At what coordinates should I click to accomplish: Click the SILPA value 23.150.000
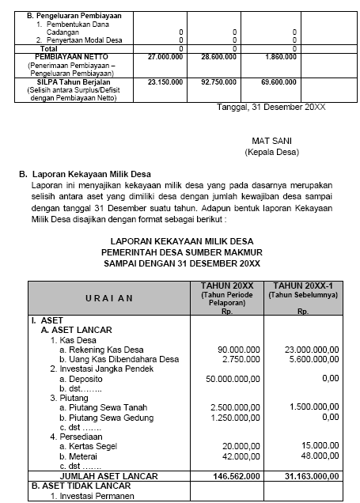(x=166, y=81)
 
